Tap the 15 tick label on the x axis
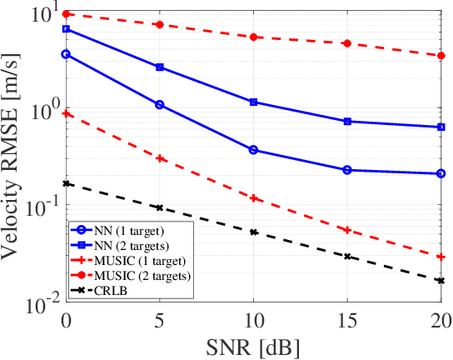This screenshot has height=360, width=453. pyautogui.click(x=347, y=320)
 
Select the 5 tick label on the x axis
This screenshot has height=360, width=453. pyautogui.click(x=160, y=320)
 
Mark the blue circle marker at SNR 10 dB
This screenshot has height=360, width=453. pyautogui.click(x=253, y=150)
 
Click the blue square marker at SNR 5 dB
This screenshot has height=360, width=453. pyautogui.click(x=160, y=67)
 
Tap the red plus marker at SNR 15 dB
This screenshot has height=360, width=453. pyautogui.click(x=347, y=230)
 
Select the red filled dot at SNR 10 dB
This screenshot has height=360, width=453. pyautogui.click(x=253, y=37)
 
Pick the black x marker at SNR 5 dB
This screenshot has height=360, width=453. pyautogui.click(x=160, y=207)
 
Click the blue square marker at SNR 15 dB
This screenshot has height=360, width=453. pyautogui.click(x=347, y=122)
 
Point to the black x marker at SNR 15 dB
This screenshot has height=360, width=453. pyautogui.click(x=347, y=257)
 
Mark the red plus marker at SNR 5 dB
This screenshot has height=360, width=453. pyautogui.click(x=160, y=157)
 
